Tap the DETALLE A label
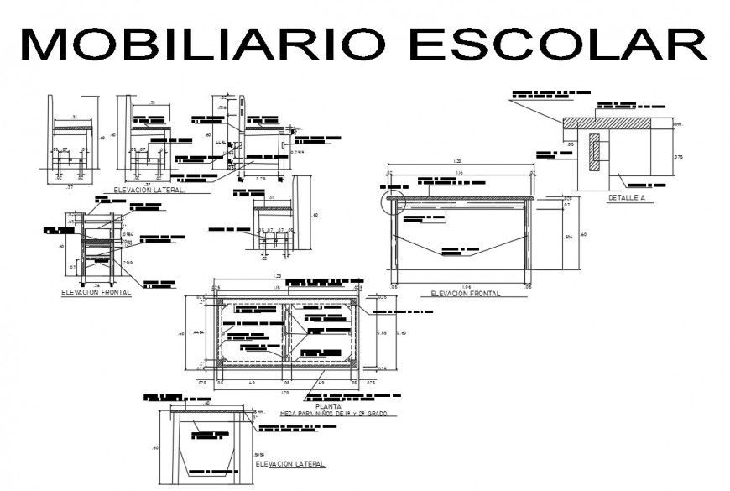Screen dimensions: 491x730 pyautogui.click(x=625, y=198)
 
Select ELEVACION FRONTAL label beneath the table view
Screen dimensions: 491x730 pyautogui.click(x=465, y=294)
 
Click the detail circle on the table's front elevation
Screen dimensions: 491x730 pyautogui.click(x=394, y=201)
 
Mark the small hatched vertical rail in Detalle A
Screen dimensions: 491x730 pyautogui.click(x=595, y=150)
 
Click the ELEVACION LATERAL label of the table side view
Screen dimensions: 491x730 pyautogui.click(x=290, y=463)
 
